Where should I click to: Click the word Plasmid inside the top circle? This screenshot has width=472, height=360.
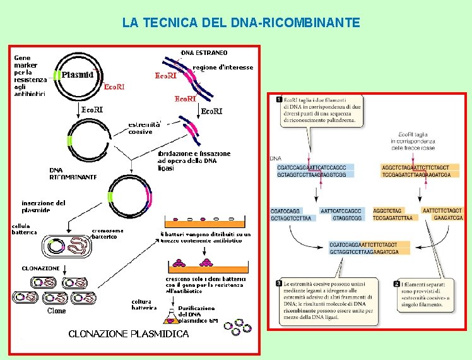coord(78,75)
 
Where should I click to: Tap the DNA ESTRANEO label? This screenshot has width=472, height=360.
coord(204,52)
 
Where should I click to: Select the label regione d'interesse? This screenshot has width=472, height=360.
coord(223,68)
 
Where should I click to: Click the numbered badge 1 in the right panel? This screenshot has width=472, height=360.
coord(279,100)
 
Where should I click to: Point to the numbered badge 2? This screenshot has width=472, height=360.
coord(396,284)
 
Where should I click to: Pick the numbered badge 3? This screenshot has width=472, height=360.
coord(279,284)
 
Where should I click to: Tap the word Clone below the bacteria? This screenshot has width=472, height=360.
coord(57,311)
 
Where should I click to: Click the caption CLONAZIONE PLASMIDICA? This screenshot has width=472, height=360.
coord(128,333)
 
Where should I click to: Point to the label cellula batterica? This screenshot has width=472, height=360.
coord(25,229)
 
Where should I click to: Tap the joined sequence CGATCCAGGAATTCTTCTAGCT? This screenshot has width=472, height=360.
coord(363,244)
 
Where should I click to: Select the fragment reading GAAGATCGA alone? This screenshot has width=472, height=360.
coord(448,218)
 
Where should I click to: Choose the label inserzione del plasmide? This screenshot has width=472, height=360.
coord(43,207)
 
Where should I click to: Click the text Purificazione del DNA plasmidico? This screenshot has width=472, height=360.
coord(198,313)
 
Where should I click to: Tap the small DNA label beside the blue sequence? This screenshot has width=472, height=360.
coord(275,158)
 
